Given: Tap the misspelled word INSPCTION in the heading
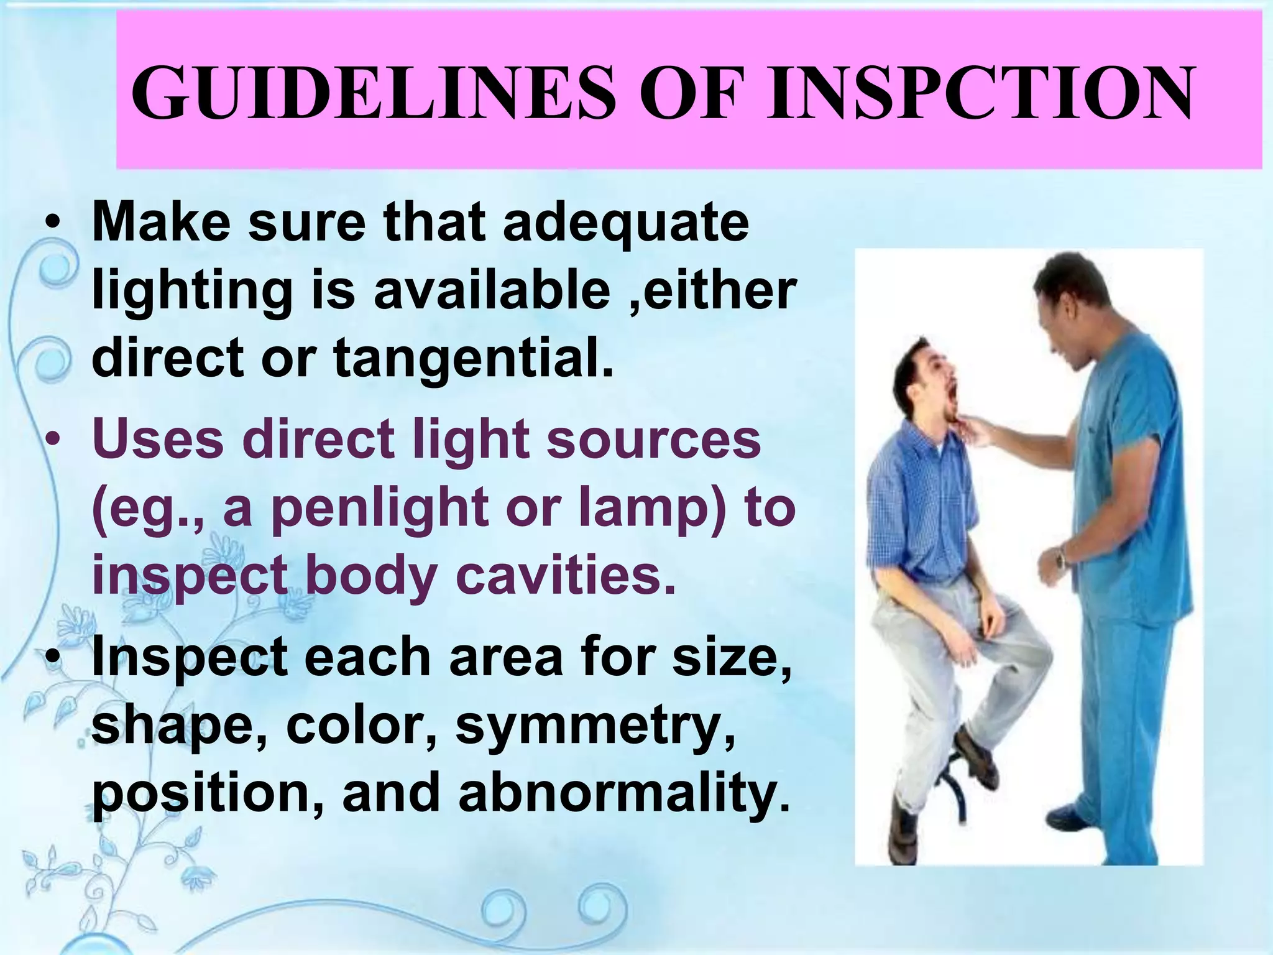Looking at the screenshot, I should [979, 93].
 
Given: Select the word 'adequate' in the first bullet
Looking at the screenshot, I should [626, 223].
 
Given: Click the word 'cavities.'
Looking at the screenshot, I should [565, 575].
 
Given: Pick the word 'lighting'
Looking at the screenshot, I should [192, 292].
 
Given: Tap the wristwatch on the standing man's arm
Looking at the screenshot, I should [1062, 556].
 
